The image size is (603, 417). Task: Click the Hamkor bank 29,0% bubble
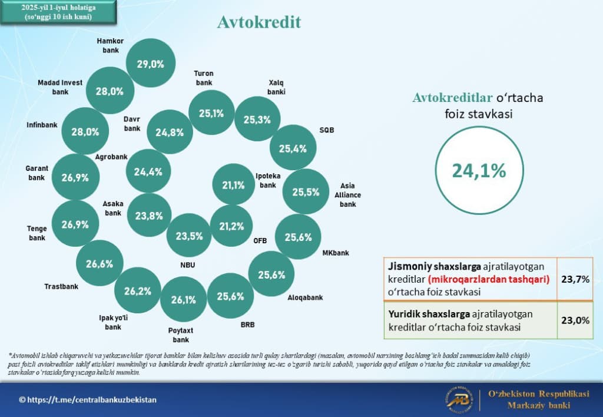151,64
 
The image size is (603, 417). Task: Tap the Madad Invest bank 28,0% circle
109,91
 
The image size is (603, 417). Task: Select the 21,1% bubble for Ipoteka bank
233,185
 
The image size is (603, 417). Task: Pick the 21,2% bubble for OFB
231,226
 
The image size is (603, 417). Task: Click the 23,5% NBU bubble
189,236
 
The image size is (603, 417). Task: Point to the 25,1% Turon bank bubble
211,113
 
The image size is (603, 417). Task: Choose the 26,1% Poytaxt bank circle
183,300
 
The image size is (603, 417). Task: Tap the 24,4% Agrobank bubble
148,172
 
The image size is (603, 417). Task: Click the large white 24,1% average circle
479,170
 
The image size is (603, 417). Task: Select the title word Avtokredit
259,22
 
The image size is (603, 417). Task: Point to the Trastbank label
61,287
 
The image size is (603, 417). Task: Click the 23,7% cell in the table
575,279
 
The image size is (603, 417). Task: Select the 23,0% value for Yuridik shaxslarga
575,320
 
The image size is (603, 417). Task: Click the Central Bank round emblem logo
459,400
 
